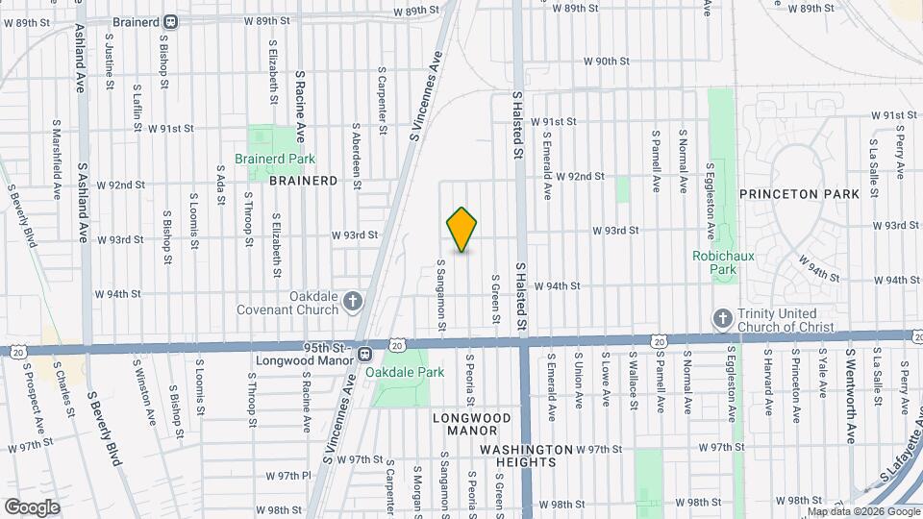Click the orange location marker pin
(462, 230)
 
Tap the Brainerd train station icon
(171, 21)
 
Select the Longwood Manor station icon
(365, 355)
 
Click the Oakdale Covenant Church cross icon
(353, 303)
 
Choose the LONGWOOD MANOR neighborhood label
(471, 425)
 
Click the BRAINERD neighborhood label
(303, 180)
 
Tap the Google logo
(32, 507)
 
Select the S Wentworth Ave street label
(851, 395)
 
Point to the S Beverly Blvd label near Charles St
(105, 428)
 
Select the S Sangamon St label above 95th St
(441, 294)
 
